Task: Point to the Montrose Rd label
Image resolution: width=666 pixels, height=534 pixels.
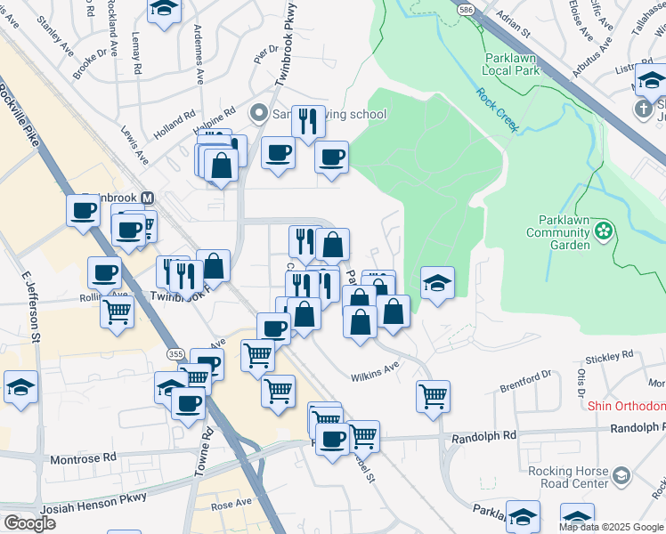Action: click(x=84, y=457)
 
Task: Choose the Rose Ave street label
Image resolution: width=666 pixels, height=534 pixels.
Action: click(x=231, y=504)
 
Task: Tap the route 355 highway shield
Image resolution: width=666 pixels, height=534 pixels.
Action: click(x=176, y=354)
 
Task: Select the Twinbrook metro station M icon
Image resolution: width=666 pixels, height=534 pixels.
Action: click(x=149, y=198)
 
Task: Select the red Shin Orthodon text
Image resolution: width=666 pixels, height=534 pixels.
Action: click(x=626, y=406)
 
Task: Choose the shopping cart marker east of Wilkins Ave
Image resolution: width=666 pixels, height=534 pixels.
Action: click(x=433, y=396)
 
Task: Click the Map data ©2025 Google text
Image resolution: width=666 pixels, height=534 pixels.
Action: click(x=612, y=527)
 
